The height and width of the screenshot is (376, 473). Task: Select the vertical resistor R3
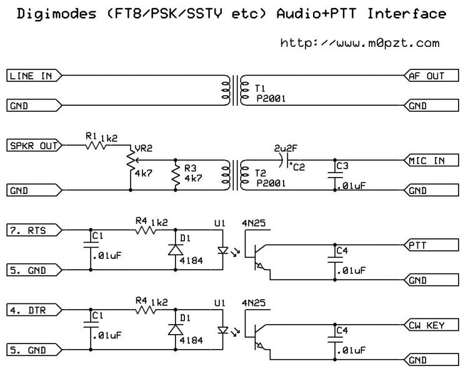[x=175, y=176]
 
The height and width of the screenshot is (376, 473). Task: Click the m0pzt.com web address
[x=359, y=43]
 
